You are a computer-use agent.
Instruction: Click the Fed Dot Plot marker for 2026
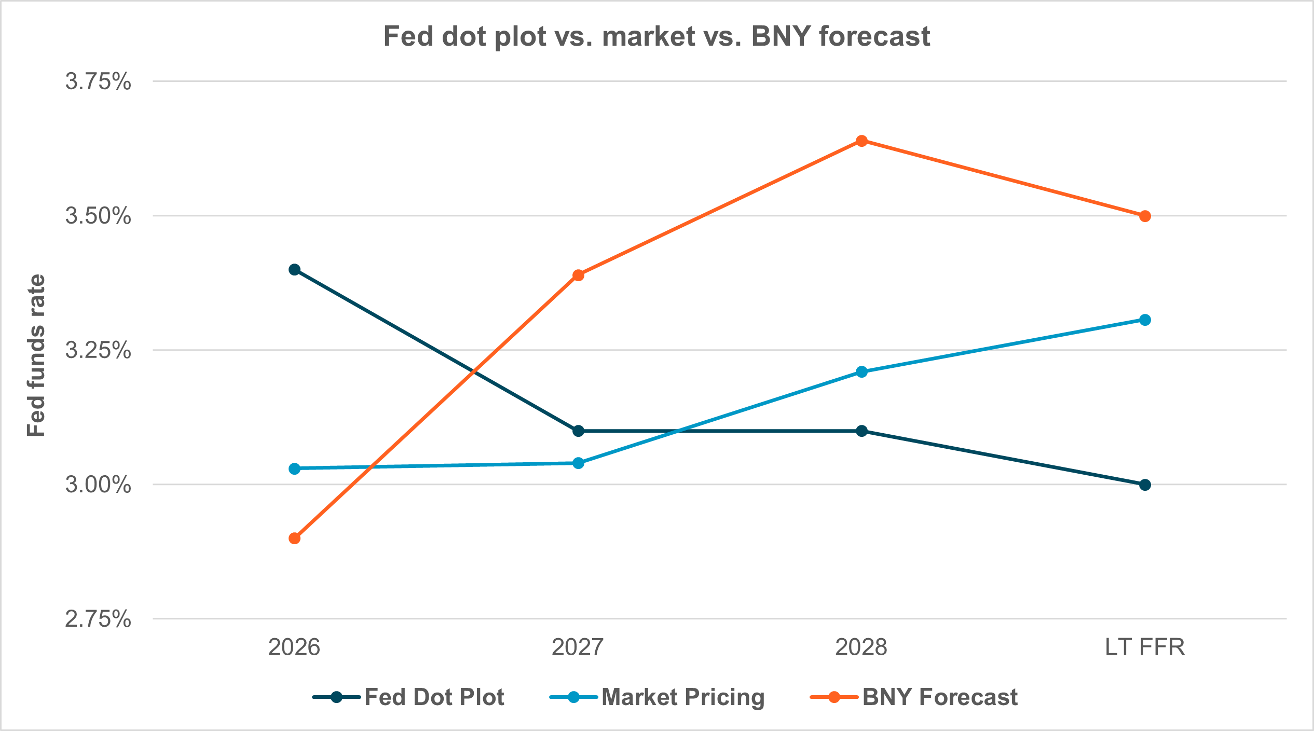(x=294, y=270)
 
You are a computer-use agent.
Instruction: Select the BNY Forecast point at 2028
(x=861, y=141)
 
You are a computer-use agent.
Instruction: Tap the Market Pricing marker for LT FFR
(x=1145, y=320)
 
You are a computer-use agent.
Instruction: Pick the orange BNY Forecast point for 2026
(x=294, y=539)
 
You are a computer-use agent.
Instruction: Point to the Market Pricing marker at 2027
(x=578, y=463)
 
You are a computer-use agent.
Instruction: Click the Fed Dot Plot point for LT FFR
(x=1145, y=485)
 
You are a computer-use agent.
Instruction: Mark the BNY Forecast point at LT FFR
(x=1145, y=216)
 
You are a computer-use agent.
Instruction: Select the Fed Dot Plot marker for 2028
(x=861, y=431)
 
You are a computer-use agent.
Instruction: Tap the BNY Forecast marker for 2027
(x=578, y=275)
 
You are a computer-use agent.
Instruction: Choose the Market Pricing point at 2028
(x=861, y=371)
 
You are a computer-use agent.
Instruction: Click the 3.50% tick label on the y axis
(x=98, y=216)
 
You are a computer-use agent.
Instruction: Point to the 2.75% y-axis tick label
(x=98, y=619)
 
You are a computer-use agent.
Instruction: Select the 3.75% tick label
(x=98, y=81)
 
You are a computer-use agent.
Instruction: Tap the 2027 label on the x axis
(x=578, y=647)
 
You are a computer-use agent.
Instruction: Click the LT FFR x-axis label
(x=1145, y=647)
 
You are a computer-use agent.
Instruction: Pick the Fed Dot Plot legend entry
(x=408, y=697)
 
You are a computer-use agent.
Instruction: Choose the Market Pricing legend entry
(x=657, y=697)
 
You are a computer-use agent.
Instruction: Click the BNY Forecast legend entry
(x=914, y=697)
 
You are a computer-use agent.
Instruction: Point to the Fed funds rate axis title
(x=36, y=355)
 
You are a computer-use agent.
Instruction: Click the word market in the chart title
(x=649, y=36)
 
